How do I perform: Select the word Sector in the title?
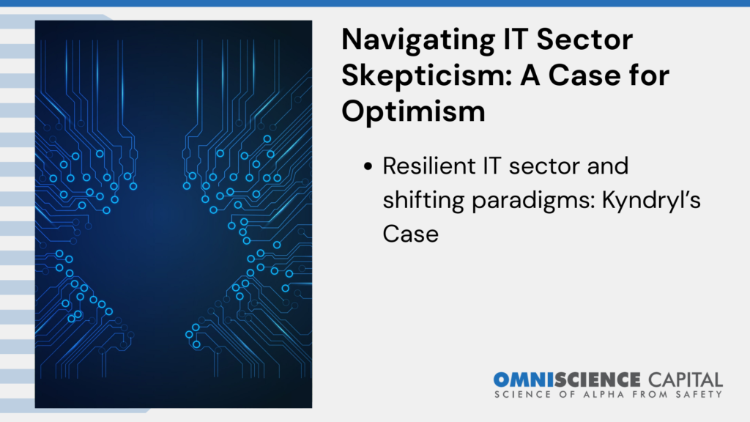click(x=584, y=39)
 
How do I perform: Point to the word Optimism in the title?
click(x=413, y=112)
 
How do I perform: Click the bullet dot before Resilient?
click(x=368, y=166)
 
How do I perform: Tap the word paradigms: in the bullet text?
click(x=533, y=201)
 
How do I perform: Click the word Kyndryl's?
click(x=651, y=201)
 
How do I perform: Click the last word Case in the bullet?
click(x=410, y=234)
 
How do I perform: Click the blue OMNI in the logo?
click(x=523, y=380)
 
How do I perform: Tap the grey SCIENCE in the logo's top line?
click(x=597, y=380)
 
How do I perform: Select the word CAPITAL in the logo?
click(x=686, y=380)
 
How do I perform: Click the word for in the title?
click(x=654, y=75)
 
